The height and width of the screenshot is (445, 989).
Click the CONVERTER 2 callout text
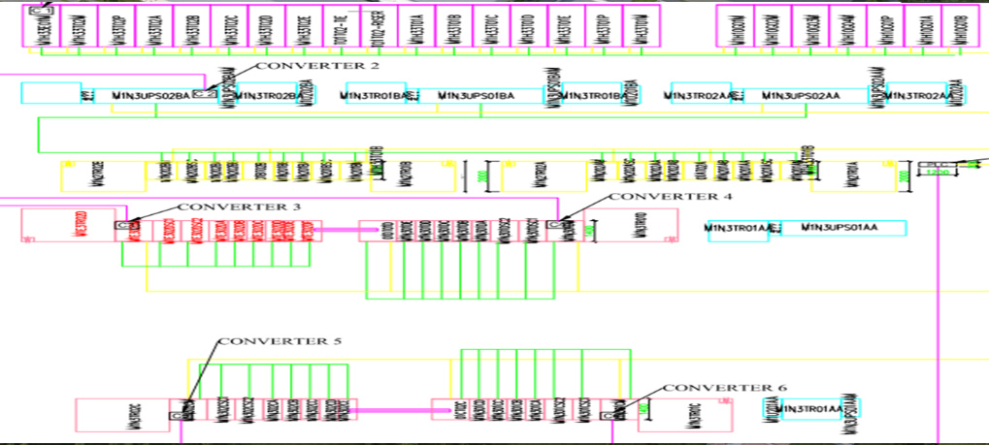pos(303,67)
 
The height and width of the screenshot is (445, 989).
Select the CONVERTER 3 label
pos(239,207)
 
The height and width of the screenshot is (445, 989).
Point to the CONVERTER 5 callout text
pos(280,342)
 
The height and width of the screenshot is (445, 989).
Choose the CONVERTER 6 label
pos(725,388)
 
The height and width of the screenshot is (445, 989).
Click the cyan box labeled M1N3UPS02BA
pos(150,95)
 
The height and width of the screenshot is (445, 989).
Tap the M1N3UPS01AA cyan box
pos(840,228)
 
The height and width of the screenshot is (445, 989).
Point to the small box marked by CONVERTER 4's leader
pos(553,225)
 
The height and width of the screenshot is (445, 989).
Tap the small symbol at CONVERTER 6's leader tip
pos(609,414)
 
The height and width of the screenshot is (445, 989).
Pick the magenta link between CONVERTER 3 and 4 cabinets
pos(341,231)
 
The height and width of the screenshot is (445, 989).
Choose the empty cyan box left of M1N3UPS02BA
pos(50,94)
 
